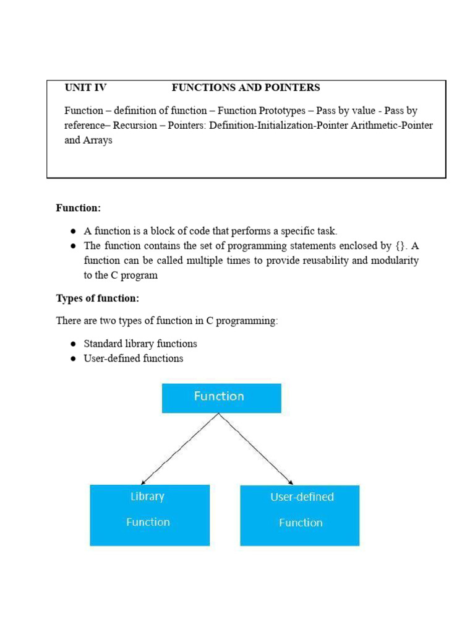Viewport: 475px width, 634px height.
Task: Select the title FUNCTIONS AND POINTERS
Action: tap(246, 88)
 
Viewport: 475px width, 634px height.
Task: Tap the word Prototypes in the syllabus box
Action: tap(285, 111)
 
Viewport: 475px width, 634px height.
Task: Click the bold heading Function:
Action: tap(79, 208)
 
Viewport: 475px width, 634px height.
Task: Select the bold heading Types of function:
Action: tap(98, 298)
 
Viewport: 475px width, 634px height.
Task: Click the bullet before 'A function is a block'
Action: tap(73, 232)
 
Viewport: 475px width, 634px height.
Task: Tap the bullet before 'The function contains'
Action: tap(73, 246)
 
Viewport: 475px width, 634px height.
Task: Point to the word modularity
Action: tap(392, 261)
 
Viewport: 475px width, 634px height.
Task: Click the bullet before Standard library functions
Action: tap(73, 344)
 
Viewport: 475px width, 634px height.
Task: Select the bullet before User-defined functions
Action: tap(73, 358)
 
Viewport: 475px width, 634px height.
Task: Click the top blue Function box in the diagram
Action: tap(221, 397)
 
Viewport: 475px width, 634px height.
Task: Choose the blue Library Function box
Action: tap(149, 515)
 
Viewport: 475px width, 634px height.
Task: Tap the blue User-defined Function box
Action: tap(299, 515)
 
